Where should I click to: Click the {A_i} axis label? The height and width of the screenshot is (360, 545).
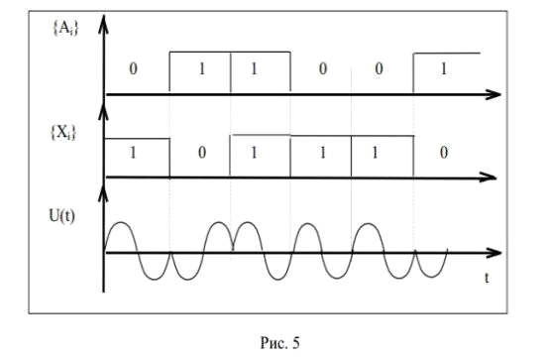65,28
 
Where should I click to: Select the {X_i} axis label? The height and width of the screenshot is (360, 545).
63,133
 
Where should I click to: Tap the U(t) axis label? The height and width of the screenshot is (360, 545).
61,216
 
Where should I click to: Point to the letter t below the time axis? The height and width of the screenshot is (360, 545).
487,278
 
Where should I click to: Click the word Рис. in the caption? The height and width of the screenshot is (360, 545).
274,343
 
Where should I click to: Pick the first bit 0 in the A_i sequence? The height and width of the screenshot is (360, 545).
133,68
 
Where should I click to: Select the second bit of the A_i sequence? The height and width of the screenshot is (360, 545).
202,69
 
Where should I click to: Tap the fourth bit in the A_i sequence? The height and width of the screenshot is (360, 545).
323,68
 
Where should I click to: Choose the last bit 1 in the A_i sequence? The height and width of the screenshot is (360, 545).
444,69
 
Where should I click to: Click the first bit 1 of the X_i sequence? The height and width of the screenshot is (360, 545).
133,153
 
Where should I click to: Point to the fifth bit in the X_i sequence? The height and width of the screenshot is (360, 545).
375,153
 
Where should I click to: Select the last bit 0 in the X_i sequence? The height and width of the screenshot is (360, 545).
444,153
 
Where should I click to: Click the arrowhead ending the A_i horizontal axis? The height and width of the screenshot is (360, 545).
493,94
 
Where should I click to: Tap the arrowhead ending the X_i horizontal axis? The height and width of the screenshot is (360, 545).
489,178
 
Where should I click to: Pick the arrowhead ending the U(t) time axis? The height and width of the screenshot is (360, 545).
494,253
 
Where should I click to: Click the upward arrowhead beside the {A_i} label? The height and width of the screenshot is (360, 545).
103,25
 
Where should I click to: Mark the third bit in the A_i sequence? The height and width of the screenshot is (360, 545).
254,69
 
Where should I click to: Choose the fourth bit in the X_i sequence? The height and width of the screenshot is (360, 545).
323,153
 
